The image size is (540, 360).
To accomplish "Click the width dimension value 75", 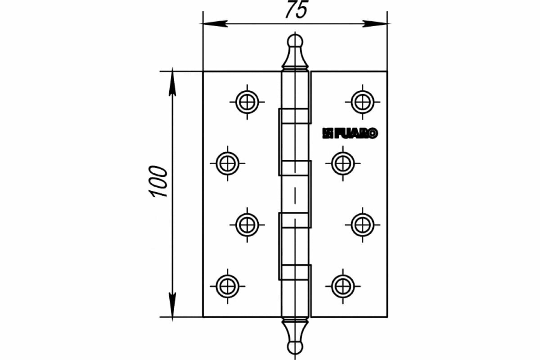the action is pos(296,10).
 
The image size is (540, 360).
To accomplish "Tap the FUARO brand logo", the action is pos(350,133).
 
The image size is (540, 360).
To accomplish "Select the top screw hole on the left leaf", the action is pos(247,102).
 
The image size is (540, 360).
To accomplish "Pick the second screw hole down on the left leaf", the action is pos(227,163).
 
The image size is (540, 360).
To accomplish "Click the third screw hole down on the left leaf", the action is pos(247,224).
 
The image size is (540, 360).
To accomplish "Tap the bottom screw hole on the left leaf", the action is pos(227,285).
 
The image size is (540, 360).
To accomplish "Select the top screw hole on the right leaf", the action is pos(362,102).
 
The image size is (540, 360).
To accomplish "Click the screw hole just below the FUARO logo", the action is pos(343,163).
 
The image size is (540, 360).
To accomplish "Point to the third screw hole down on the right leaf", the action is pos(362,224).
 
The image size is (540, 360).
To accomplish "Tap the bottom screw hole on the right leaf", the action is pos(343,285).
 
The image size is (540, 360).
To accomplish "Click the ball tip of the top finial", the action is pos(295,40).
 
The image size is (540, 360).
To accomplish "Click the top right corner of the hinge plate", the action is pos(387,72).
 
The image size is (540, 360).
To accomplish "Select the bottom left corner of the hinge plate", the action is pos(203,317).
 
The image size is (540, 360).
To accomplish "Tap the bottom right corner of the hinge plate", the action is pos(387,317).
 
